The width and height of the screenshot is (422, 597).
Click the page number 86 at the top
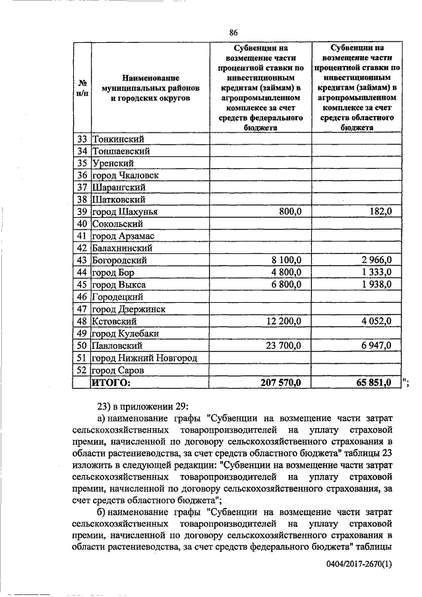pyautogui.click(x=233, y=33)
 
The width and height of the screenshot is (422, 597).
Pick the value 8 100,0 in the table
pyautogui.click(x=284, y=261)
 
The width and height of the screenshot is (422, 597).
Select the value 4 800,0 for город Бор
pyautogui.click(x=284, y=272)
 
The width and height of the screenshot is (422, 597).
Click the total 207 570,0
pyautogui.click(x=280, y=382)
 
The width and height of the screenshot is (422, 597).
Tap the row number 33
pyautogui.click(x=82, y=139)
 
